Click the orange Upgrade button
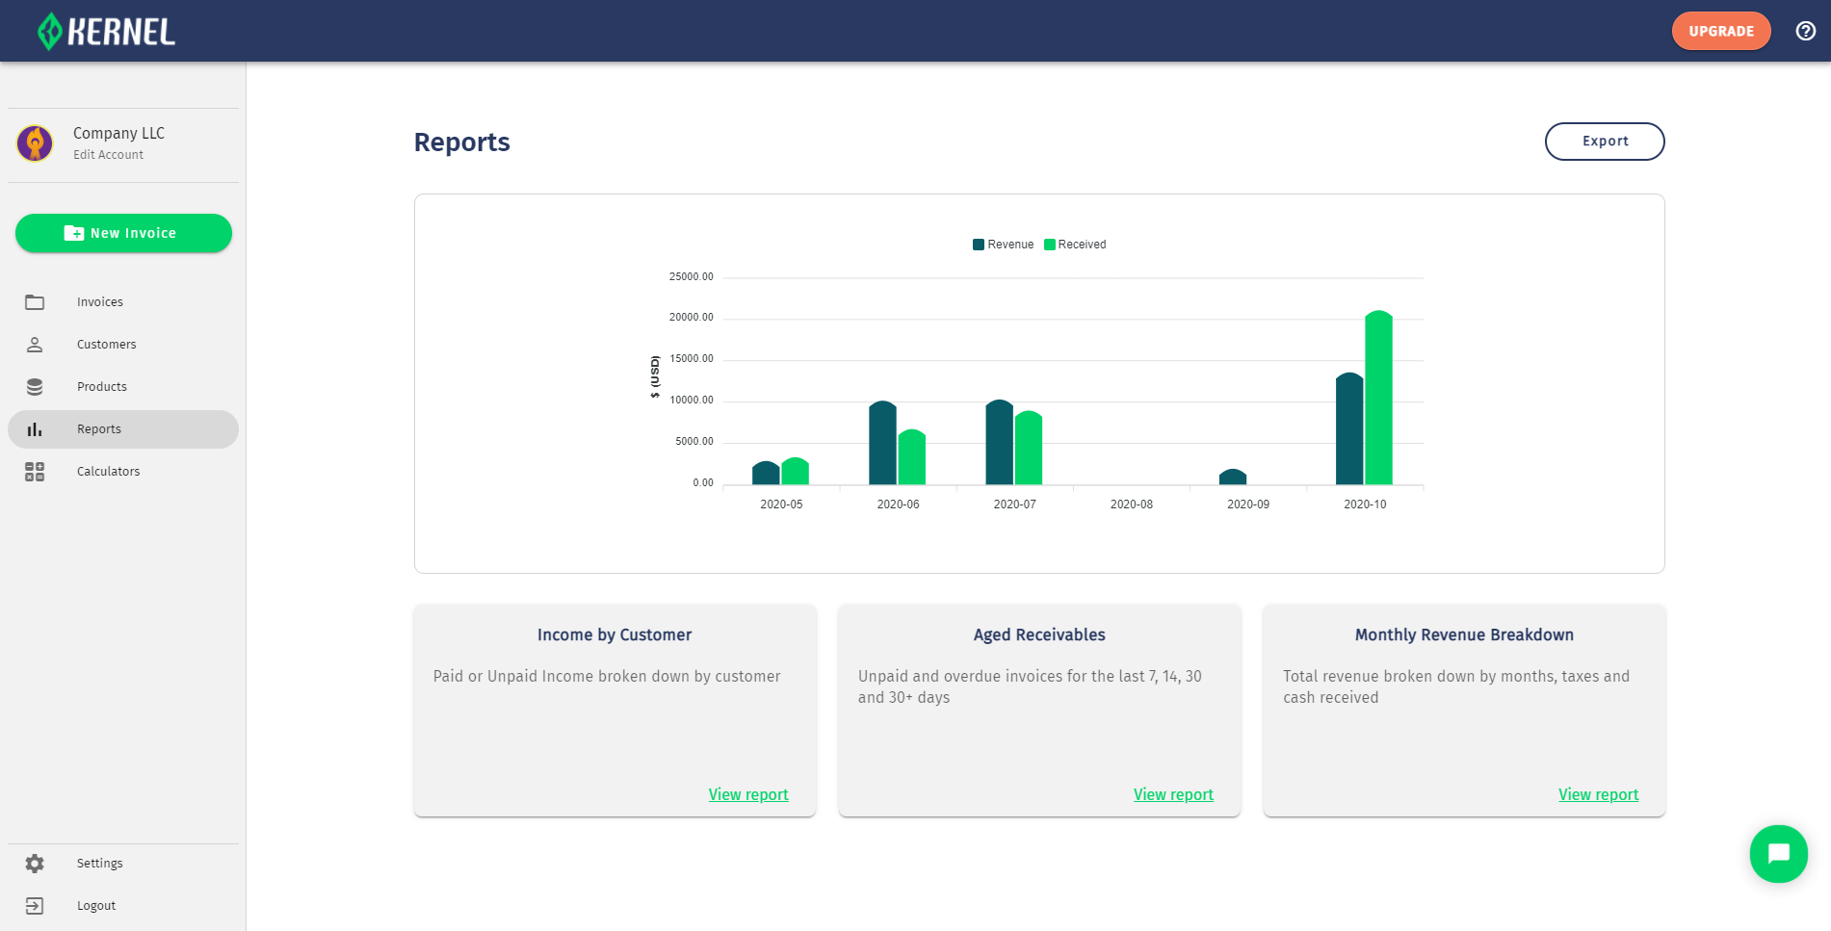tap(1720, 31)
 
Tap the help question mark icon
tap(1806, 31)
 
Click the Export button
tap(1605, 142)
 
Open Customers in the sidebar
tap(106, 345)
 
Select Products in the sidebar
tap(101, 387)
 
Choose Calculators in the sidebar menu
tap(108, 472)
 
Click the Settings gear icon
tap(35, 864)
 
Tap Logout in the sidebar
tap(95, 906)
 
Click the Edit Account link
tap(108, 155)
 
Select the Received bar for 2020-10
tap(1378, 399)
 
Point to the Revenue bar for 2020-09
tap(1233, 478)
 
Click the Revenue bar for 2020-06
tap(882, 443)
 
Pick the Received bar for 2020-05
tap(795, 472)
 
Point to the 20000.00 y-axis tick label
tap(691, 318)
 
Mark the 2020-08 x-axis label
tap(1131, 504)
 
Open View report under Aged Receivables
tap(1173, 795)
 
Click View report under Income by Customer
tap(748, 795)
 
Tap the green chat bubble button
tap(1778, 854)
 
